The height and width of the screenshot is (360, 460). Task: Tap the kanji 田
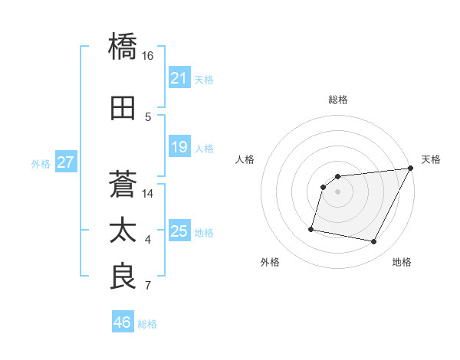coord(124,109)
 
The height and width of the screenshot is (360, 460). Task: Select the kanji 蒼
coord(124,185)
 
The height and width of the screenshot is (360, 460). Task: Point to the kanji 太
coord(124,231)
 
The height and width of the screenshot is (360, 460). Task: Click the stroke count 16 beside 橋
coord(148,56)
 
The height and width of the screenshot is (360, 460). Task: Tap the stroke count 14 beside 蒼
coord(148,194)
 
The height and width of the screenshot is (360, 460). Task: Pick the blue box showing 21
coord(179,78)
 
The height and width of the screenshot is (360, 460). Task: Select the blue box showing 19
coord(179,147)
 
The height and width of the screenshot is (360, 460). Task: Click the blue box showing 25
coord(179,231)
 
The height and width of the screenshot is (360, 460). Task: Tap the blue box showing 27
coord(65,162)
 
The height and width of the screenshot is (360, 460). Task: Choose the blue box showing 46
coord(122,322)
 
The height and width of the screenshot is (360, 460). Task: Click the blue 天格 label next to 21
coord(204,79)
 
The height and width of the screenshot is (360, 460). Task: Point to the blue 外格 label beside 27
coord(41,163)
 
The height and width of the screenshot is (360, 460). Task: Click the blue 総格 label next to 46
coord(147,323)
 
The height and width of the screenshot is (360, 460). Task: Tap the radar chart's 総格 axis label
coord(337,100)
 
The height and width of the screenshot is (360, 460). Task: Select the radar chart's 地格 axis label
coord(402,263)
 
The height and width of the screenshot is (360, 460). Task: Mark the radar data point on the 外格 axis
coord(311,228)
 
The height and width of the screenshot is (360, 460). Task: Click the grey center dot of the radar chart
coord(337,191)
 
